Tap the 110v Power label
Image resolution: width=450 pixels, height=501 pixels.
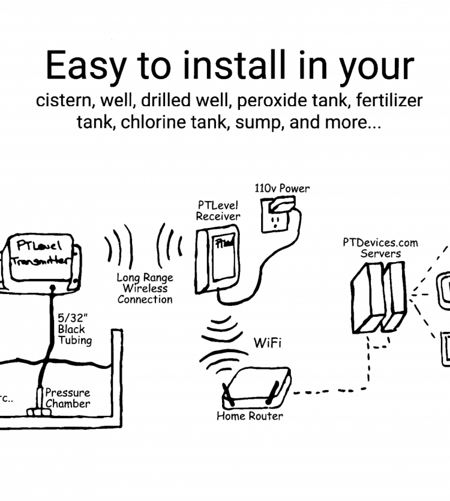pyautogui.click(x=282, y=188)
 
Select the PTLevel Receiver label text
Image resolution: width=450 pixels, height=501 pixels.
pyautogui.click(x=218, y=211)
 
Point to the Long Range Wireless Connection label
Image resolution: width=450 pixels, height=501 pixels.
pyautogui.click(x=145, y=289)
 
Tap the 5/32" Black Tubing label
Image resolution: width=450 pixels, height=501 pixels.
pyautogui.click(x=74, y=329)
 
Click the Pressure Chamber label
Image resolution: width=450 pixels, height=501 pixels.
pyautogui.click(x=68, y=398)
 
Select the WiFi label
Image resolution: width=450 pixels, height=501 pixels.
pyautogui.click(x=268, y=343)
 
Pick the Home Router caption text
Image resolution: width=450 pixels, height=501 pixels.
pyautogui.click(x=250, y=415)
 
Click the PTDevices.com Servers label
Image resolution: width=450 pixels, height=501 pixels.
pyautogui.click(x=380, y=248)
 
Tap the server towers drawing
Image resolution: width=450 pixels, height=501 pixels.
pyautogui.click(x=379, y=296)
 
